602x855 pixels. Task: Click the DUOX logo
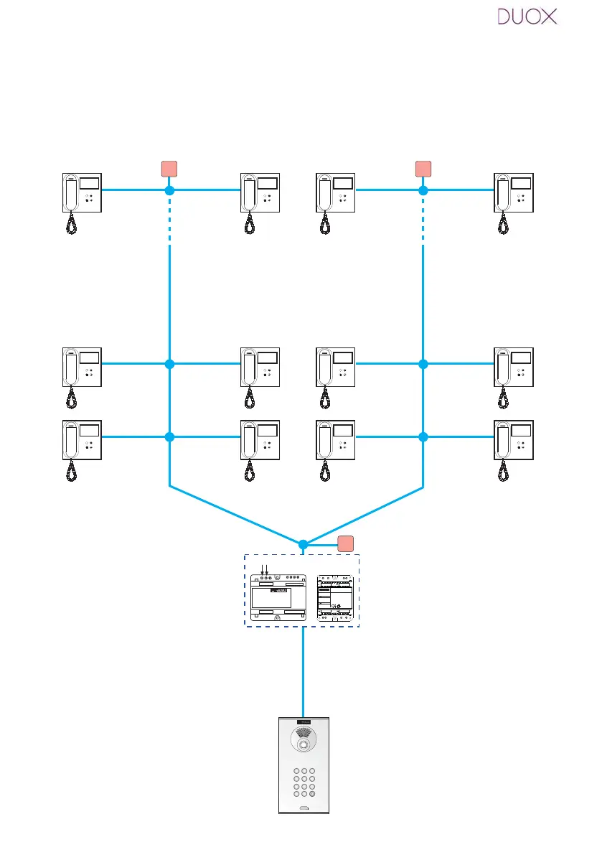click(527, 17)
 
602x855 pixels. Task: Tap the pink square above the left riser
click(169, 169)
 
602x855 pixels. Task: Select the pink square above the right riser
click(423, 169)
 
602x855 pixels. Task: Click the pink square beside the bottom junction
click(346, 543)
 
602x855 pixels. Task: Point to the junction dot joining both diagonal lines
click(303, 544)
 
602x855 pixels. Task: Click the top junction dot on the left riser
click(169, 191)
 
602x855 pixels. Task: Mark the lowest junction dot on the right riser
click(423, 436)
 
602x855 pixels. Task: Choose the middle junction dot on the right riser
click(423, 364)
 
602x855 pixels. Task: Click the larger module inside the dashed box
click(277, 598)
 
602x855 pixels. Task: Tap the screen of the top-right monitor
click(521, 183)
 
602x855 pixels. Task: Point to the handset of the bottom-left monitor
click(71, 439)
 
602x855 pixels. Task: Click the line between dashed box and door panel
click(303, 672)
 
